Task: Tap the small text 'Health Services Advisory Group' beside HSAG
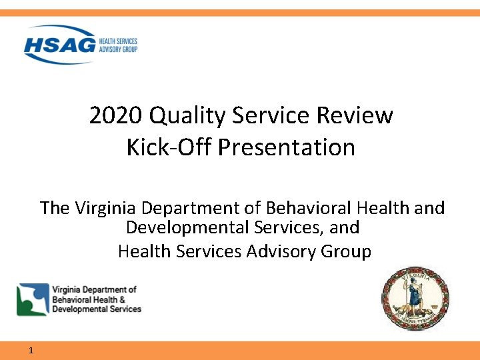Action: point(117,45)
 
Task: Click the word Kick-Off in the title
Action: point(169,147)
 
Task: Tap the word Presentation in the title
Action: point(287,147)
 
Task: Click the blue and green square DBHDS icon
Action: point(33,299)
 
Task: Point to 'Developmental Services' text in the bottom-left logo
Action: point(97,309)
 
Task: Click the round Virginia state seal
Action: point(415,297)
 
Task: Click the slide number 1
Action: point(31,351)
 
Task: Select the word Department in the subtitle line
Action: point(200,208)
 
